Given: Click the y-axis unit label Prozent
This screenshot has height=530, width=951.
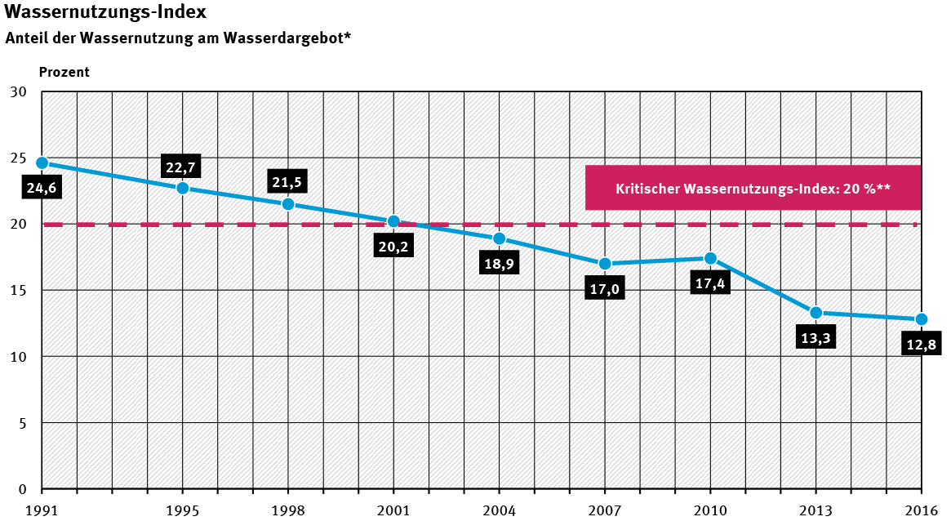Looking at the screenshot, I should coord(64,72).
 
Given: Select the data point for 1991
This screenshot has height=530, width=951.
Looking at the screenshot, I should coord(42,163).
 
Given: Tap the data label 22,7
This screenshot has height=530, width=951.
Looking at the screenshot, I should coord(180,167).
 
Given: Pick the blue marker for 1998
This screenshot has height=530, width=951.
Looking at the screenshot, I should coord(288,204).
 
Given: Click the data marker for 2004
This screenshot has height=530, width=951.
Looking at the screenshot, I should coord(499,238).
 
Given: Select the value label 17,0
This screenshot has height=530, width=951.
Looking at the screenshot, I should coord(604,289).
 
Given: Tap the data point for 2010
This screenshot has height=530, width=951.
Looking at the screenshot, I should coord(710,259).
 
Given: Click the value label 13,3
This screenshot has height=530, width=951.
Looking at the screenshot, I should coord(815,338).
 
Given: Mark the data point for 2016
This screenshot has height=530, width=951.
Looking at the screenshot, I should coord(921,319).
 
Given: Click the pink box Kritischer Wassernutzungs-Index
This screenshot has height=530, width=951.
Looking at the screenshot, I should coord(753,188).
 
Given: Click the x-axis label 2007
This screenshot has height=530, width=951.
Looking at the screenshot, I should coord(604,511).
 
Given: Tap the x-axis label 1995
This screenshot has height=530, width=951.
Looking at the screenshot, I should coord(182,511).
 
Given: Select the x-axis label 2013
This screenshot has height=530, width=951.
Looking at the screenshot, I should coord(815,511).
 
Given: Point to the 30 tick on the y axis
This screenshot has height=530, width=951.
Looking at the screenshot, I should coord(17,91).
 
